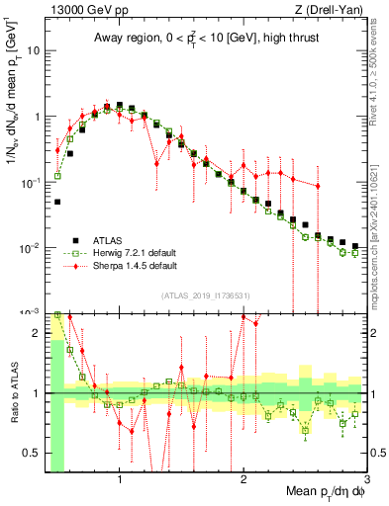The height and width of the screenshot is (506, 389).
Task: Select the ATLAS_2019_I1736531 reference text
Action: [206, 295]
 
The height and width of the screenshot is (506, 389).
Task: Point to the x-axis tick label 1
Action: [120, 479]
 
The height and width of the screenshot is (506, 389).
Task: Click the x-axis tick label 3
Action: [366, 479]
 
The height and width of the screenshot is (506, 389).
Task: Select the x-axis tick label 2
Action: [243, 479]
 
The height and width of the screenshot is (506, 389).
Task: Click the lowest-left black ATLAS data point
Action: [57, 202]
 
